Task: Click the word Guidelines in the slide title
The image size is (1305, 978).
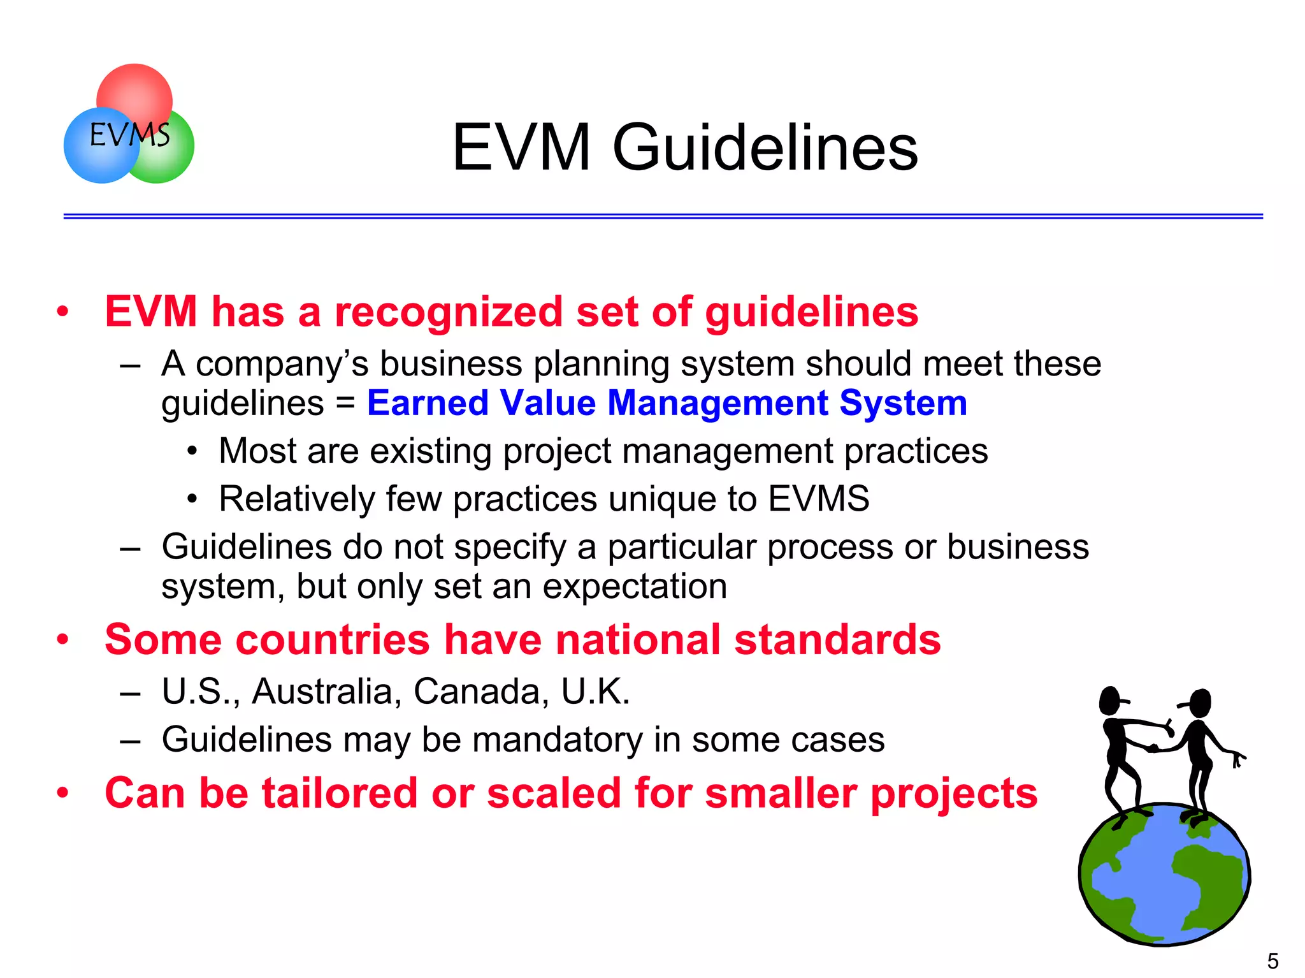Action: [x=765, y=148]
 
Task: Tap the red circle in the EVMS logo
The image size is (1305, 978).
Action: [x=135, y=89]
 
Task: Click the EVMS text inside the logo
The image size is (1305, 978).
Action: [x=129, y=135]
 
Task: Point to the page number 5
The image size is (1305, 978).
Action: [x=1273, y=961]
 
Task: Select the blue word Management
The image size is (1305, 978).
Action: [x=717, y=403]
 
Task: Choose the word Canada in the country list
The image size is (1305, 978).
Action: [x=481, y=691]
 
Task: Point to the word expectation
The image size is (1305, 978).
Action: [x=634, y=587]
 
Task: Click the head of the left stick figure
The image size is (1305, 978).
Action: [x=1110, y=701]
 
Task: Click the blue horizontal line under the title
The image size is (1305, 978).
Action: [x=663, y=217]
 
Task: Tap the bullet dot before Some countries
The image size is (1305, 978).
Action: [x=62, y=639]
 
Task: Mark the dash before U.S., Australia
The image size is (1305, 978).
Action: [x=129, y=692]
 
